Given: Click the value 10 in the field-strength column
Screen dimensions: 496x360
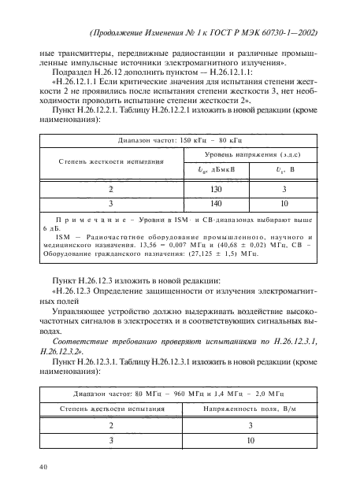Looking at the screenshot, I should point(250,440).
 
